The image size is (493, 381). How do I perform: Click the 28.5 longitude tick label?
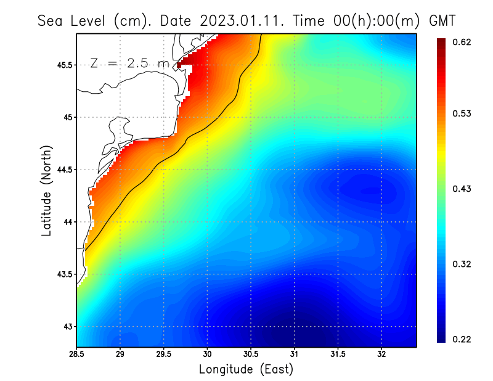coord(76,354)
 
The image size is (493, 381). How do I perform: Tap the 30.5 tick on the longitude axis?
coord(251,354)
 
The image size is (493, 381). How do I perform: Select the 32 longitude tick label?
coord(381,354)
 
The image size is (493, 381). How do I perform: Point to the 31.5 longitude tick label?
coord(338,354)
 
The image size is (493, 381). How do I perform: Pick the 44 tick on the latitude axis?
coord(67,222)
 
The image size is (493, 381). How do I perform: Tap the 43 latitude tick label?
coord(67,326)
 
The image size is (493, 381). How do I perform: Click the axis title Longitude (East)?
coord(246,369)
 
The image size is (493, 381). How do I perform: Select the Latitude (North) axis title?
coord(46,190)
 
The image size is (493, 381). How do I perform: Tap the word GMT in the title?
coord(441,20)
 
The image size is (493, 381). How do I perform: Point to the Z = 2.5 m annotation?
coord(130,63)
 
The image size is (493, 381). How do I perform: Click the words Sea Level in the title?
coord(72,20)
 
